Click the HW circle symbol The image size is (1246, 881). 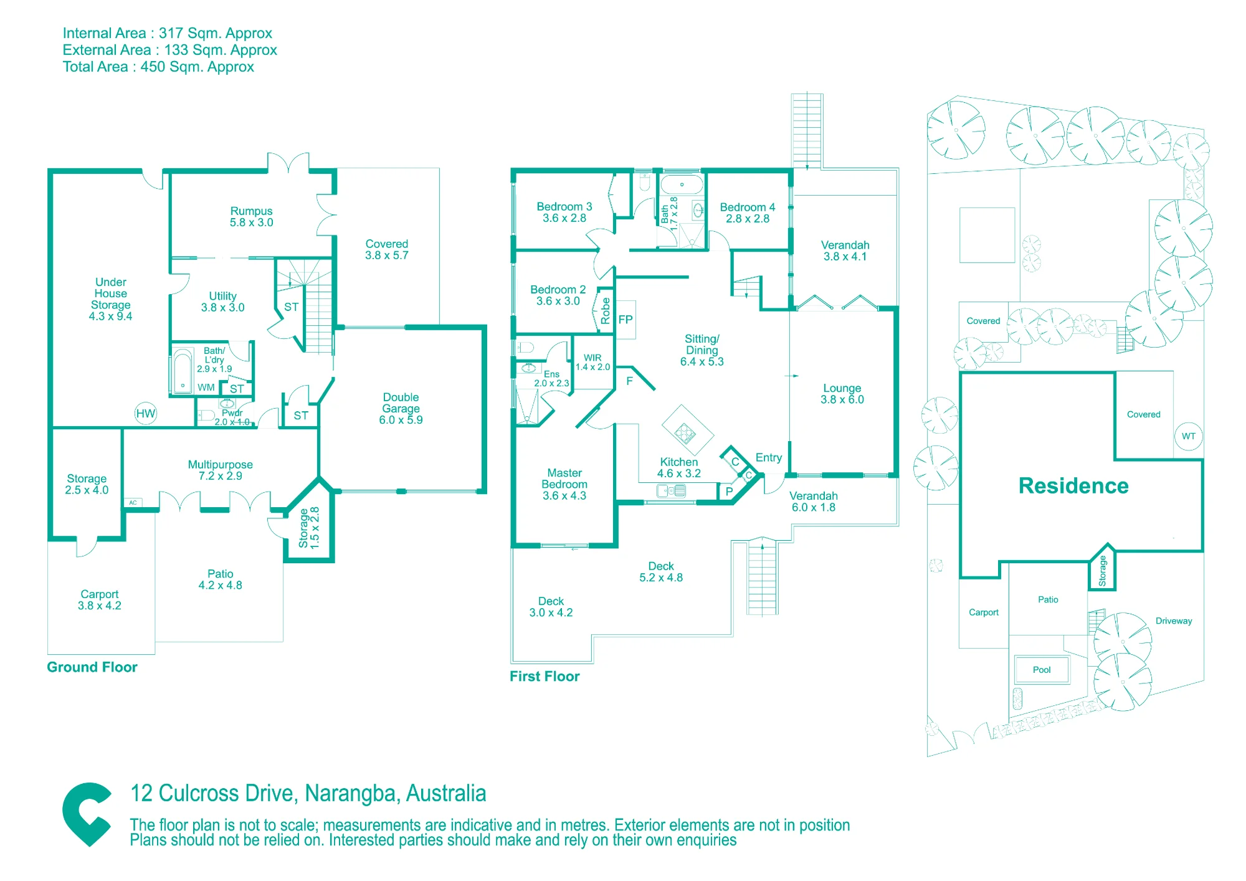pyautogui.click(x=146, y=413)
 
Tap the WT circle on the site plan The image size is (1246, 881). pyautogui.click(x=1189, y=436)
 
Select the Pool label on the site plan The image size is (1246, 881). pyautogui.click(x=1042, y=670)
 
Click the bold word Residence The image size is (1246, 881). pyautogui.click(x=1073, y=486)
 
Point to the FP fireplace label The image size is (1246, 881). pyautogui.click(x=625, y=320)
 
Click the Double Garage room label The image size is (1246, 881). pyautogui.click(x=401, y=409)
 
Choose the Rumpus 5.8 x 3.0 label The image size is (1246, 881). pyautogui.click(x=252, y=217)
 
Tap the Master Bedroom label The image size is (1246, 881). pyautogui.click(x=564, y=484)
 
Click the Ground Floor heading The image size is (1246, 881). pyautogui.click(x=92, y=667)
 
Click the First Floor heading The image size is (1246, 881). pyautogui.click(x=545, y=677)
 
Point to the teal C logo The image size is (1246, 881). pyautogui.click(x=87, y=814)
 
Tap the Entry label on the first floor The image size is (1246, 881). pyautogui.click(x=769, y=458)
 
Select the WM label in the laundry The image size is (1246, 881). pyautogui.click(x=206, y=388)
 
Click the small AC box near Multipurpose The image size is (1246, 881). pyautogui.click(x=133, y=503)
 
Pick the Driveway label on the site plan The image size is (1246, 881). pyautogui.click(x=1174, y=621)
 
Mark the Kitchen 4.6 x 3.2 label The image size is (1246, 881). pyautogui.click(x=679, y=468)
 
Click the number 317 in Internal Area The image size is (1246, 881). pyautogui.click(x=171, y=33)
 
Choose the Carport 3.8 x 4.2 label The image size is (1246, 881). pyautogui.click(x=100, y=600)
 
